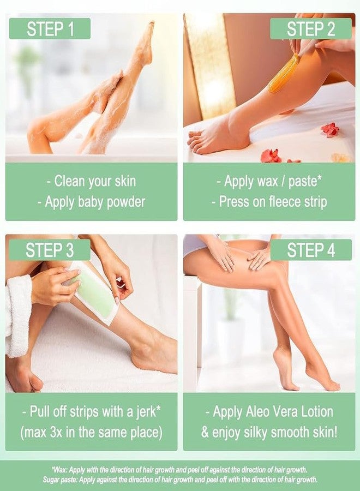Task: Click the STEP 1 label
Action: (x=50, y=29)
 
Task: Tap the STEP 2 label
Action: (x=311, y=29)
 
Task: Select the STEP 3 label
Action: (x=50, y=250)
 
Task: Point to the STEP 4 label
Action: (x=311, y=250)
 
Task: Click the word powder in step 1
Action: (x=126, y=202)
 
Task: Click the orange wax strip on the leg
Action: (x=283, y=74)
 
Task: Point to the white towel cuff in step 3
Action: (x=18, y=316)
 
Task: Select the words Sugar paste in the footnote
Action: (x=59, y=480)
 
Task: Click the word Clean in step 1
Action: (x=70, y=181)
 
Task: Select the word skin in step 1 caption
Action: (x=125, y=181)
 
